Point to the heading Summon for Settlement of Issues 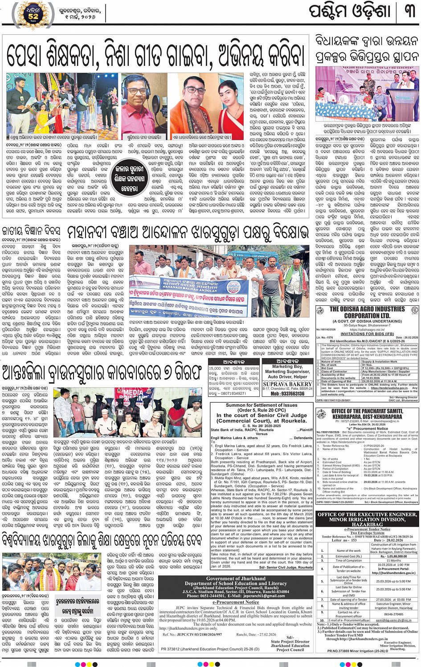pos(262,405)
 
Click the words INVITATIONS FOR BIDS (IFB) pos(367,334)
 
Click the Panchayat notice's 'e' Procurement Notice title pos(367,428)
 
